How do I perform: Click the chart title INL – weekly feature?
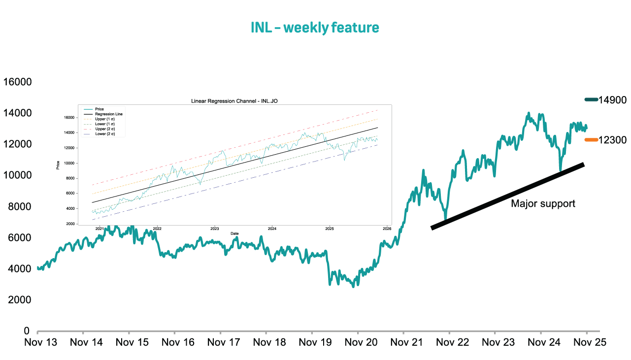[x=315, y=28]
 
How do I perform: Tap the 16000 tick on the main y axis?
[x=17, y=82]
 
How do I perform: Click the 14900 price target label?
[x=612, y=100]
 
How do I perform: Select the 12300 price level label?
[x=612, y=140]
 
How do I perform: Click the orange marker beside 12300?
[x=591, y=140]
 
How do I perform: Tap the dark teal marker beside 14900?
[x=591, y=100]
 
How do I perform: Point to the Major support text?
[x=543, y=203]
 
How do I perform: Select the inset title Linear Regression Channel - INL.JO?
[x=235, y=101]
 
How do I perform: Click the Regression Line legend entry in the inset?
[x=109, y=114]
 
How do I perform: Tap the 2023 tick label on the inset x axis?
[x=215, y=229]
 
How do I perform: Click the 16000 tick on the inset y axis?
[x=68, y=118]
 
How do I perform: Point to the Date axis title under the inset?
[x=235, y=233]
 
